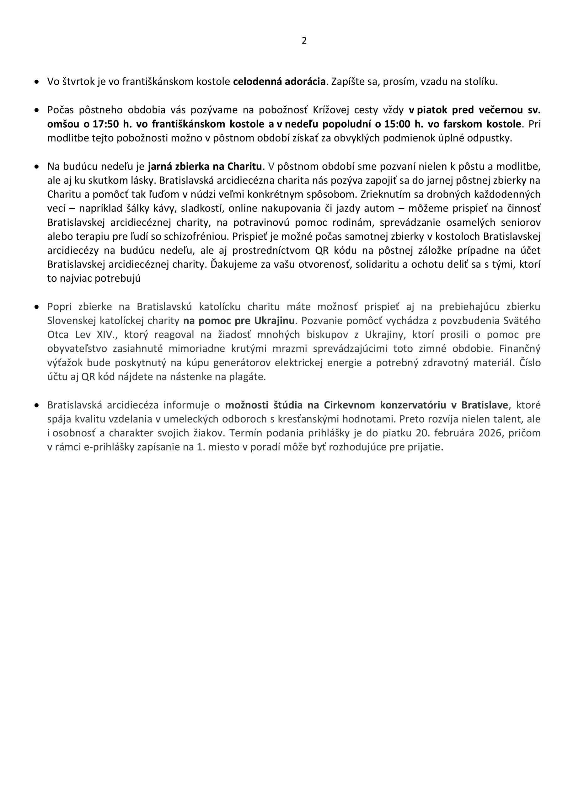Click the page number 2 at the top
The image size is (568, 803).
tap(304, 40)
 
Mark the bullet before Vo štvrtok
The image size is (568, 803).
tap(36, 82)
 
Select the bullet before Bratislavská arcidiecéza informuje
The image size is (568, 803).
tap(36, 405)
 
